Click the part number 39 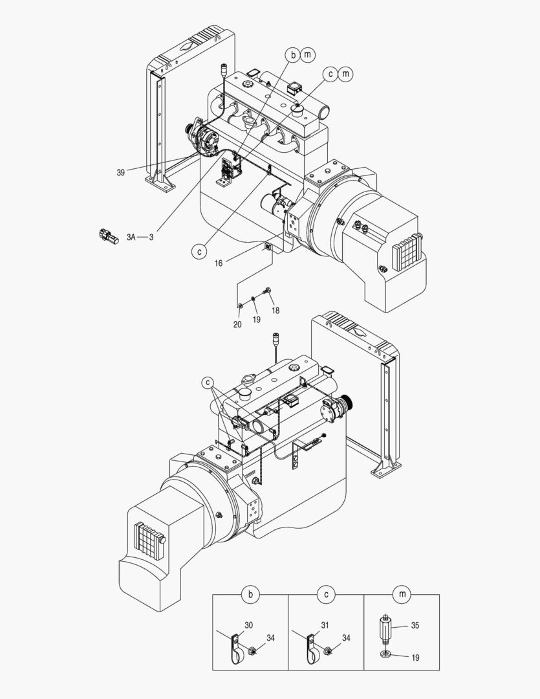coord(120,172)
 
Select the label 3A coord(131,237)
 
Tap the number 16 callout coord(219,263)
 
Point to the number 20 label coord(237,324)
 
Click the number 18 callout coord(275,311)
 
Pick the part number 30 coord(249,625)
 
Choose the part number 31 coord(325,625)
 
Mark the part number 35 coord(415,625)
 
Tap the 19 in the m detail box coord(415,658)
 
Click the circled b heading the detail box coord(250,594)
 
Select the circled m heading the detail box coord(402,594)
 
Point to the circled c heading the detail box coord(326,594)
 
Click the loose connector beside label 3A coord(109,236)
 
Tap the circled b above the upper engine coord(293,56)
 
